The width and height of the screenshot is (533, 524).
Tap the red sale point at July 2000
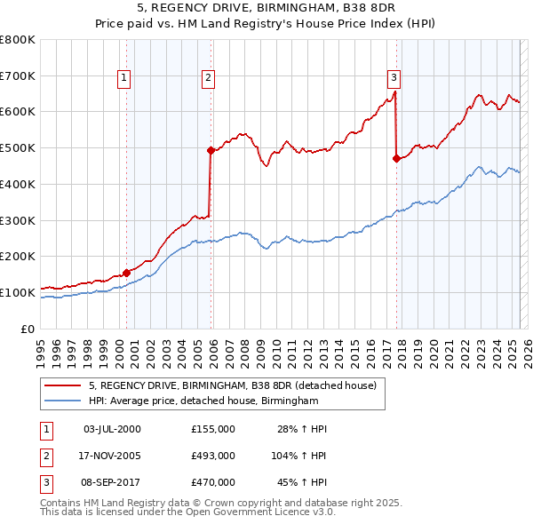[x=126, y=273]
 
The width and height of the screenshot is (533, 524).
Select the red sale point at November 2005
[x=211, y=151]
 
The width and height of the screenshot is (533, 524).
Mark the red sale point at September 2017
[x=396, y=159]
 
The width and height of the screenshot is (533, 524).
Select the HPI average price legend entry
[x=203, y=401]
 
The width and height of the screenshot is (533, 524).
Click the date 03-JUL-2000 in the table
[x=112, y=429]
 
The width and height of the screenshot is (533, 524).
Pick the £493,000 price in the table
[x=213, y=456]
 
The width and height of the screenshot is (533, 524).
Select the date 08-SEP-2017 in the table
[x=112, y=482]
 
